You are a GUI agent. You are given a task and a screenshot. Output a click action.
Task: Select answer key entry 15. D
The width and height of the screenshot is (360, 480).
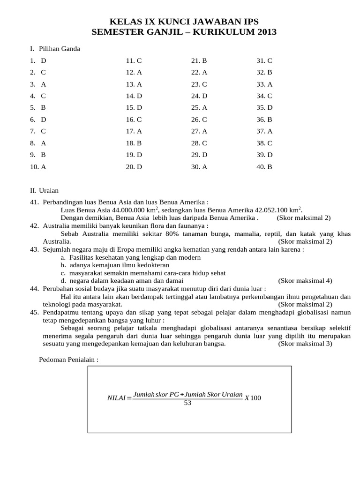point(134,108)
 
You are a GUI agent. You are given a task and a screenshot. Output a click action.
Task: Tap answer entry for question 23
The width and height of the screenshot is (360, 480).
point(199,84)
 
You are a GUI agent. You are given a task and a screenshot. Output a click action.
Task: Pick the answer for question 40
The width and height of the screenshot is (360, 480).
point(264,166)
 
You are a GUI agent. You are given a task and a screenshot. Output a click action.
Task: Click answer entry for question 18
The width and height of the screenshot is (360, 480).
point(134,143)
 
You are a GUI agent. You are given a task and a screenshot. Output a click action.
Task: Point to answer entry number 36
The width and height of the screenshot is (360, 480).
point(264,120)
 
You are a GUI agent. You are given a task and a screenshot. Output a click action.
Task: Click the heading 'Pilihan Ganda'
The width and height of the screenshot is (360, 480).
point(60,49)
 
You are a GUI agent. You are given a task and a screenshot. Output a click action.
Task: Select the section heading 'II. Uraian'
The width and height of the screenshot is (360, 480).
point(45,190)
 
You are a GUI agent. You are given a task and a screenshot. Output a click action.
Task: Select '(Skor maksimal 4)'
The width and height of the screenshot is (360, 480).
point(305,281)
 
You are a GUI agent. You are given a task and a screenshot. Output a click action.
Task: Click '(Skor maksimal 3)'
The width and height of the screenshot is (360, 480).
point(305,344)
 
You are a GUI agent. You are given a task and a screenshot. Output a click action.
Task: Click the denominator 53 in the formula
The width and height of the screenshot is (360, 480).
point(188,403)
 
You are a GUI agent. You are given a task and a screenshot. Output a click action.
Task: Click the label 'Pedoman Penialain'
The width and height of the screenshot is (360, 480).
point(68,360)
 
